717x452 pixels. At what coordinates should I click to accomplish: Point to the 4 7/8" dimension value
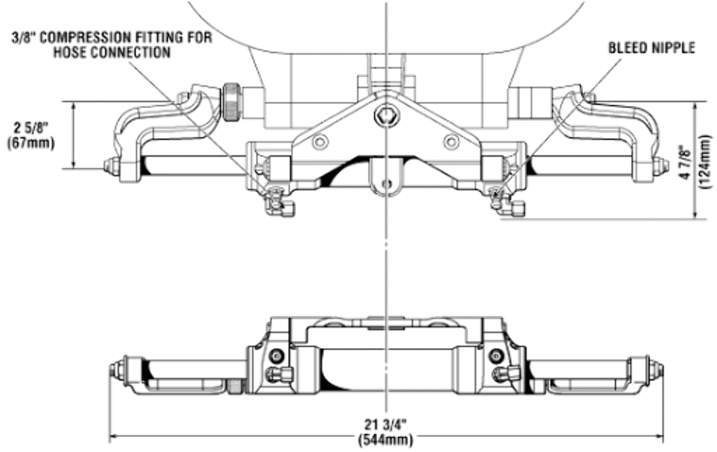tap(685, 159)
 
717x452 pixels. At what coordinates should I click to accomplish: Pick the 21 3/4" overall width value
tap(386, 423)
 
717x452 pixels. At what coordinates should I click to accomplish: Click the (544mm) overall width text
tap(386, 438)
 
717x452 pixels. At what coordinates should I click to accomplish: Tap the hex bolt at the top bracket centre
tap(387, 115)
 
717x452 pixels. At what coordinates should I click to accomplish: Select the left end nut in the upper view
tap(110, 166)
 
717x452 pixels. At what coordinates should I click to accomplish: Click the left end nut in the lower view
tap(115, 370)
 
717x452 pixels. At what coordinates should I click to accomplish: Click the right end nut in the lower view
tap(657, 370)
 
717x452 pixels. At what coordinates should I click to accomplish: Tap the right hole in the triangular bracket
tap(451, 141)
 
